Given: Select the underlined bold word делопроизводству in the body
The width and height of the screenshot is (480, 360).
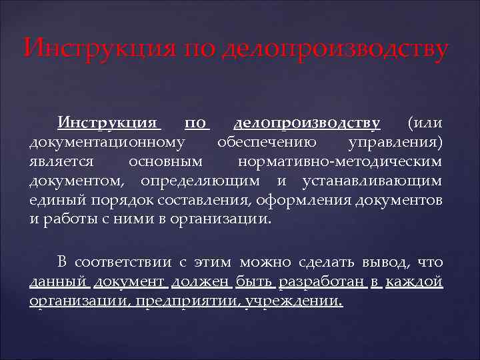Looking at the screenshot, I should pyautogui.click(x=307, y=123).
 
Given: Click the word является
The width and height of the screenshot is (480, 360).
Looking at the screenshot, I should pyautogui.click(x=64, y=161).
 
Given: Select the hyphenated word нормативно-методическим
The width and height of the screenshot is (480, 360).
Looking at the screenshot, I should pyautogui.click(x=339, y=161).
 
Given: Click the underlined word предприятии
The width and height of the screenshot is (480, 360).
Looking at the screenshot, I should pyautogui.click(x=188, y=301).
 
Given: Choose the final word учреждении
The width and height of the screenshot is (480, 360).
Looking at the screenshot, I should pyautogui.click(x=294, y=301).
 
